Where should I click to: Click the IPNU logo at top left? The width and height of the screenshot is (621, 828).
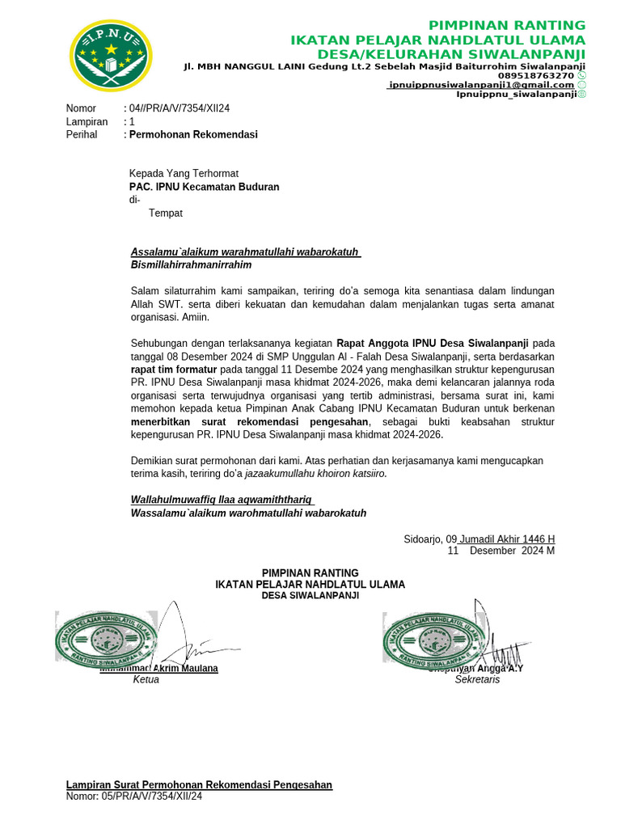(x=111, y=55)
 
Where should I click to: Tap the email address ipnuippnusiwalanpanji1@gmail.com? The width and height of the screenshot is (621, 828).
(x=481, y=85)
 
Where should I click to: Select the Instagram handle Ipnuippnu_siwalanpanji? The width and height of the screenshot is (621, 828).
(x=516, y=95)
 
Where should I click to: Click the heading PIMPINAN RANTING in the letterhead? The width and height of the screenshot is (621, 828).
(x=506, y=25)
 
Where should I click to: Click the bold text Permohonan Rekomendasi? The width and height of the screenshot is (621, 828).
(x=193, y=134)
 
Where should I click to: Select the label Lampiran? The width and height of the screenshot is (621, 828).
(x=87, y=121)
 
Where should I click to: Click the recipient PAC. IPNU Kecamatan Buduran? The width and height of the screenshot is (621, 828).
(x=205, y=187)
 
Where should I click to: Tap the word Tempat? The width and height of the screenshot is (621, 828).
(x=166, y=213)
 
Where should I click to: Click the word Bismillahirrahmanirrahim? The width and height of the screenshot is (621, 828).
(x=191, y=264)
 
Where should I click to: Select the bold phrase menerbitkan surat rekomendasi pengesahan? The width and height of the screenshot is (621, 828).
(x=250, y=422)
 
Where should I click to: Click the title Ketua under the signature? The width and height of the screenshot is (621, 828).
(x=146, y=680)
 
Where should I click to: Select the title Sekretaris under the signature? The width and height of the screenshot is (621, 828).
(x=477, y=680)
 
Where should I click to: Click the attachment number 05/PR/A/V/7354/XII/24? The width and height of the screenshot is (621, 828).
(x=152, y=796)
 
